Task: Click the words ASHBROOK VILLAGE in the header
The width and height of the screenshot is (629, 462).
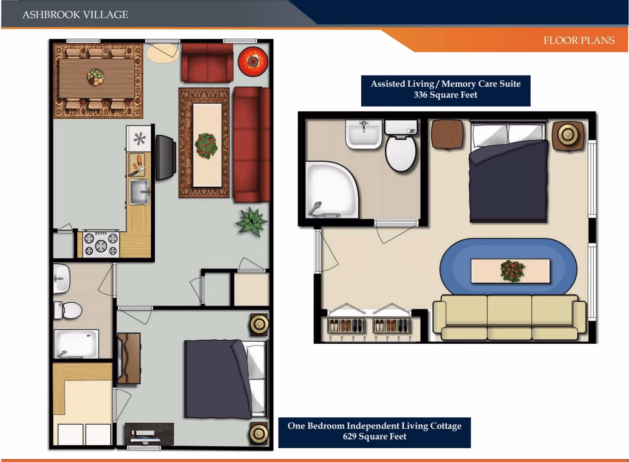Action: pyautogui.click(x=75, y=15)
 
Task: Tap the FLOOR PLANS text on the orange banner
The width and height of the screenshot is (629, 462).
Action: pyautogui.click(x=579, y=40)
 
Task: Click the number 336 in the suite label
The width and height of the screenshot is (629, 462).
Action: pyautogui.click(x=420, y=95)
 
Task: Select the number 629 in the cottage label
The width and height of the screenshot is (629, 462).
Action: pyautogui.click(x=350, y=437)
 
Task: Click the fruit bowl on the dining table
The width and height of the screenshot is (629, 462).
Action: pyautogui.click(x=95, y=77)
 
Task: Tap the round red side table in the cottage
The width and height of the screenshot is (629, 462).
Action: pyautogui.click(x=253, y=62)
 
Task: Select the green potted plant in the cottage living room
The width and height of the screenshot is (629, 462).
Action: pyautogui.click(x=251, y=222)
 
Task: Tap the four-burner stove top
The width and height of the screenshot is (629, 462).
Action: pyautogui.click(x=101, y=244)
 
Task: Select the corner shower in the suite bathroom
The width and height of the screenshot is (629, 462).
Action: pyautogui.click(x=331, y=190)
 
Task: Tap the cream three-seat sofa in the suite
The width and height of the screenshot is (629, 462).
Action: pyautogui.click(x=509, y=316)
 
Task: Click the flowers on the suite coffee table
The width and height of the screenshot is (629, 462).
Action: pyautogui.click(x=512, y=271)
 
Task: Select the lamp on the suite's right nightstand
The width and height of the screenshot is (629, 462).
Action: pyautogui.click(x=568, y=134)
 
